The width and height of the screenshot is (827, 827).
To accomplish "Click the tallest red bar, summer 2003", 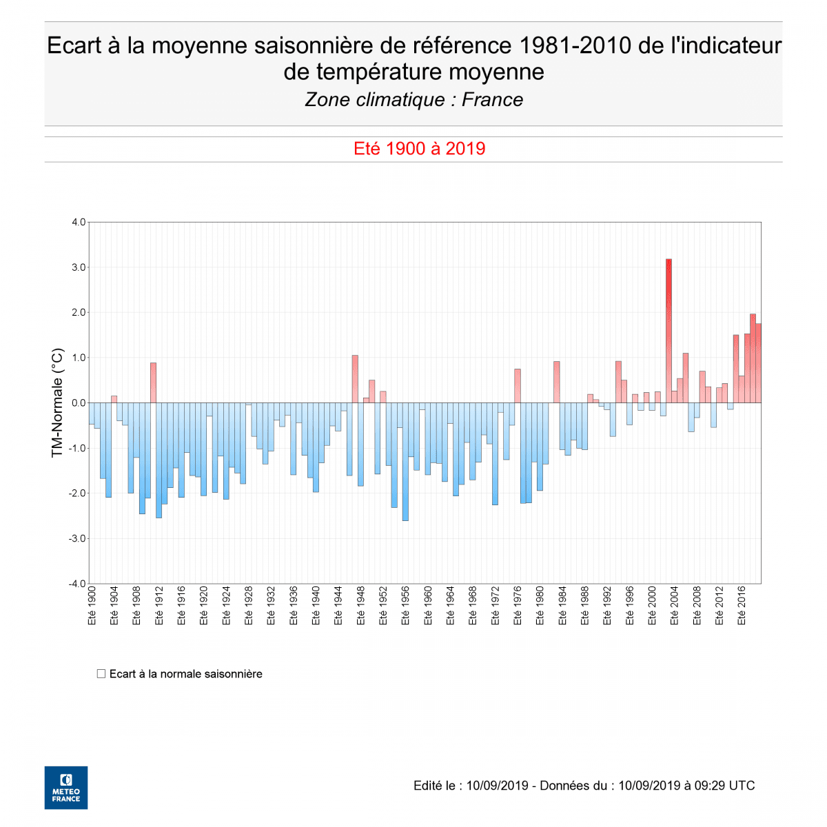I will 668,331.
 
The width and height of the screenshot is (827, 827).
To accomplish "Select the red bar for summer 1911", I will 153,382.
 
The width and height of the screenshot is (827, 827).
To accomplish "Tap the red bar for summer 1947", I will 355,379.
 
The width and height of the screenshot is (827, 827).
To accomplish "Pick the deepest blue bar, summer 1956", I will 405,462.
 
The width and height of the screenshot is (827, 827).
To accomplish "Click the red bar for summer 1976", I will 518,386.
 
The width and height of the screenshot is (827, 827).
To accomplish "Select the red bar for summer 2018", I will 753,358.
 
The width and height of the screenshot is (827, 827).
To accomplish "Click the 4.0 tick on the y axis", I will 78,223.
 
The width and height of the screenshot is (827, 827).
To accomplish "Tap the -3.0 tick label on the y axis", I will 77,538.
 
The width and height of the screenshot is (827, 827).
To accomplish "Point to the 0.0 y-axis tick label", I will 78,403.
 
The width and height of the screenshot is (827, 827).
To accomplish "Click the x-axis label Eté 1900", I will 92,606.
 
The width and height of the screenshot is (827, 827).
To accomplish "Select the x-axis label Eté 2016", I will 742,606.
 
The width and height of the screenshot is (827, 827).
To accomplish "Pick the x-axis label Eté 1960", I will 428,606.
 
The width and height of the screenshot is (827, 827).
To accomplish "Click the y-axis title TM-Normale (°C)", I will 58,403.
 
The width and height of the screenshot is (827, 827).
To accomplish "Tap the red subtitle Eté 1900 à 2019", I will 419,149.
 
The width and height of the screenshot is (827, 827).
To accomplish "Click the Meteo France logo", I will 66,787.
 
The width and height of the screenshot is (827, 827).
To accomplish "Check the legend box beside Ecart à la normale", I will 101,673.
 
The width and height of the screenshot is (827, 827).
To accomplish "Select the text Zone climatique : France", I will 413,100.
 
